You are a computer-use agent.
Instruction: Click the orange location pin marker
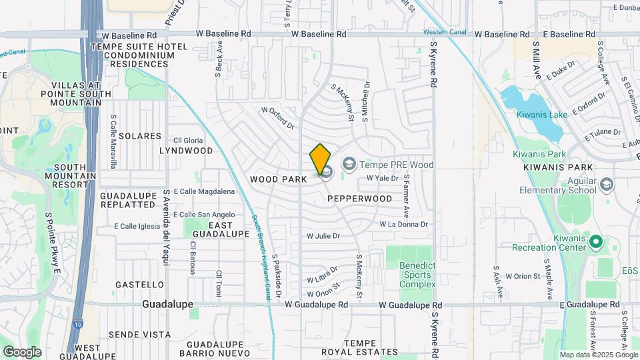click(x=320, y=158)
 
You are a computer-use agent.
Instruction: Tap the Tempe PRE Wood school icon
click(x=349, y=164)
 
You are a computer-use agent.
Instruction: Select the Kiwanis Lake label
click(x=541, y=115)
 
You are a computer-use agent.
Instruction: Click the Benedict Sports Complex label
click(x=417, y=275)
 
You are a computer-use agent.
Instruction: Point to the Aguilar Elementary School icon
click(x=606, y=184)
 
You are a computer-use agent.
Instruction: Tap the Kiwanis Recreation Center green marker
click(x=595, y=241)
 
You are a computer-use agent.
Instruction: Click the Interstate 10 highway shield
click(x=78, y=323)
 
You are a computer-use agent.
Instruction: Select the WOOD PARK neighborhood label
click(x=279, y=179)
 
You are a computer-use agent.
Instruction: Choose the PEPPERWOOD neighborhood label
click(x=359, y=199)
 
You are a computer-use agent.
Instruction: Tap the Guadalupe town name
click(x=167, y=304)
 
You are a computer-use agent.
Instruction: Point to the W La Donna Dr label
click(x=403, y=225)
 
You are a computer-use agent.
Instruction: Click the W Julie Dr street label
click(x=323, y=236)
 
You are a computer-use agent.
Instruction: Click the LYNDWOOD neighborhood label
click(x=186, y=151)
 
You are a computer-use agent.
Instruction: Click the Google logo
click(x=22, y=351)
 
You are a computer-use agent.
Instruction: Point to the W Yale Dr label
click(x=383, y=179)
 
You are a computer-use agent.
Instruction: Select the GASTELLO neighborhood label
click(x=139, y=285)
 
